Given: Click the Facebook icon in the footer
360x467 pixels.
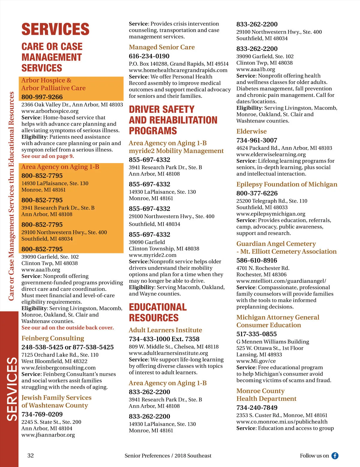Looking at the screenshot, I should coord(335,456).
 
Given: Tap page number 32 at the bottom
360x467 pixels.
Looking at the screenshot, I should coord(31,456).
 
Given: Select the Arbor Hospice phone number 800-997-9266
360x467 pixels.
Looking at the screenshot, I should coord(42,97).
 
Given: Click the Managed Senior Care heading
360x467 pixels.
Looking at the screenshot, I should coord(162,47).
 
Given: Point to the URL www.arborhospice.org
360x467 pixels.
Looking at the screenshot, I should coord(50,111).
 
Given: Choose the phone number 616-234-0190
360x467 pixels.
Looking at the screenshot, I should coord(149,56).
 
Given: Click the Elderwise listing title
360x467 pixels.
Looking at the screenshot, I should coord(251,131).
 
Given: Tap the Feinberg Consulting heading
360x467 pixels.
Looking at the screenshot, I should coord(53,338).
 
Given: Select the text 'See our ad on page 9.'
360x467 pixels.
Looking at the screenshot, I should coord(47,156).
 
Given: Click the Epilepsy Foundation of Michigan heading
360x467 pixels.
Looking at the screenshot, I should coord(287,184).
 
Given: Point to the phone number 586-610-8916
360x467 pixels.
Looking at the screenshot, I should coord(257,260).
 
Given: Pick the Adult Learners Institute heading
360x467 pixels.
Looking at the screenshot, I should coord(165,330).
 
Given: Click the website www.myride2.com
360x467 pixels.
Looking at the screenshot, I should coord(153,255).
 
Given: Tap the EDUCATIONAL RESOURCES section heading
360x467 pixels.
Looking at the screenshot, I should coord(158,312).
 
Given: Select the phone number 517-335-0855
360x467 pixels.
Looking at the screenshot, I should coord(256,334).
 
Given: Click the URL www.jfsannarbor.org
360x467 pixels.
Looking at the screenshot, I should coord(48,435).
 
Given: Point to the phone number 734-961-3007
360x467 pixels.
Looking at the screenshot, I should coord(257,140).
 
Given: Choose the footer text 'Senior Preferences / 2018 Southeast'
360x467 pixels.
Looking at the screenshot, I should coord(168,456).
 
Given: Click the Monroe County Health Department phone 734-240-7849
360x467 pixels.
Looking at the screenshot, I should coord(257,408).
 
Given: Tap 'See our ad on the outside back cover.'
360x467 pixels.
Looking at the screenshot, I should coord(67,328).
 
